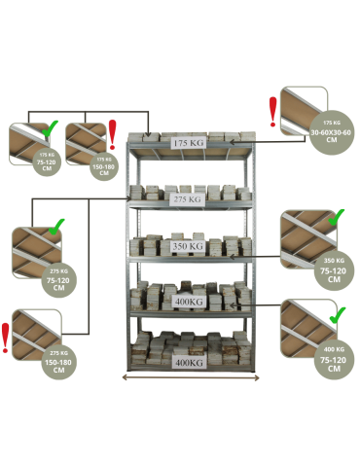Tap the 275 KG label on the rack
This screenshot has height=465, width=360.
click(x=185, y=199)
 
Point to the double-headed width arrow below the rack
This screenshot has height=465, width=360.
click(x=188, y=376)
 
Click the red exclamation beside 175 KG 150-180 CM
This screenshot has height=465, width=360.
click(x=112, y=129)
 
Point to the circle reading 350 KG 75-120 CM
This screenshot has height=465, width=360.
click(x=333, y=268)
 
